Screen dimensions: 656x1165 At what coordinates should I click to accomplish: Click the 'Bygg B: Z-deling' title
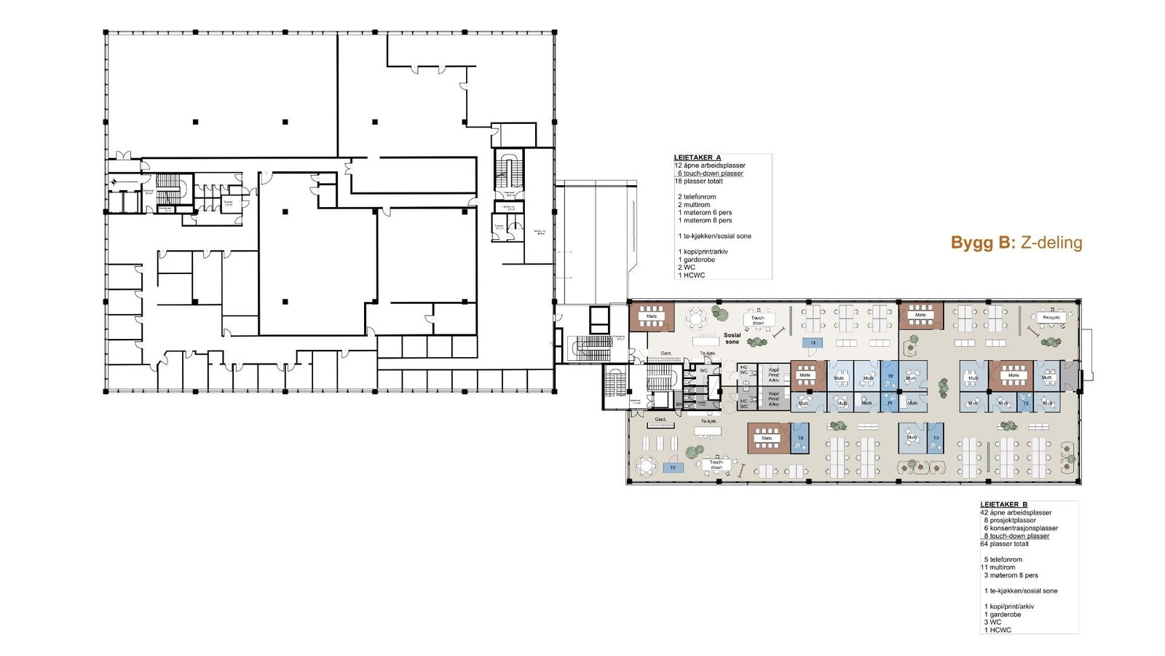(1016, 243)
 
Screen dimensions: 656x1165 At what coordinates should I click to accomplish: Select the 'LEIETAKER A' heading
(697, 157)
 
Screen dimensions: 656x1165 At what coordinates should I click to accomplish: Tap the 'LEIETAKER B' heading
(1003, 504)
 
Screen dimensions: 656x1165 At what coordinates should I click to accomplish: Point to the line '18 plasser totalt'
(698, 181)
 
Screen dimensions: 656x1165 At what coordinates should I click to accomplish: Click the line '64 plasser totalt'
(1004, 544)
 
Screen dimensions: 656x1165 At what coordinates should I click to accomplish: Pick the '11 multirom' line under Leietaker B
(998, 567)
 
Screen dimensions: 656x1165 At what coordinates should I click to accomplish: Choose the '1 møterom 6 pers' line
(705, 212)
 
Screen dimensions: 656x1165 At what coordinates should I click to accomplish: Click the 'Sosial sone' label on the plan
(732, 338)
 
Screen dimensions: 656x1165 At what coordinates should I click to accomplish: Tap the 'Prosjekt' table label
(1051, 318)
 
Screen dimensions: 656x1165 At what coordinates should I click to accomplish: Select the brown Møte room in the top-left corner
(651, 317)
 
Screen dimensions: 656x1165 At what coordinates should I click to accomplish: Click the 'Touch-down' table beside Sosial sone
(758, 319)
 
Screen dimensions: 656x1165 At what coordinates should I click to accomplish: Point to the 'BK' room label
(679, 404)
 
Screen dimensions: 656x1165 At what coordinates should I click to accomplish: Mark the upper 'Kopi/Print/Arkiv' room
(773, 375)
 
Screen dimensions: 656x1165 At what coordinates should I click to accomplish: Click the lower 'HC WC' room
(744, 403)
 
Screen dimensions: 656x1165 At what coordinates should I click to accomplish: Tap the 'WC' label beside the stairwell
(703, 370)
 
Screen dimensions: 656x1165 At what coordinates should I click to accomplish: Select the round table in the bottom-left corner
(645, 465)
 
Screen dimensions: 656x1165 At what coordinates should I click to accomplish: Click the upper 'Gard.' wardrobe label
(666, 354)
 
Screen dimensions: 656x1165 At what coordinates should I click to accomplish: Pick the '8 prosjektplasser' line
(1009, 520)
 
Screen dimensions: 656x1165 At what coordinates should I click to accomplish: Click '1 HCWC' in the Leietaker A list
(691, 275)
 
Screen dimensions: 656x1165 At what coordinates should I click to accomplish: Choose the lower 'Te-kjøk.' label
(708, 421)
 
